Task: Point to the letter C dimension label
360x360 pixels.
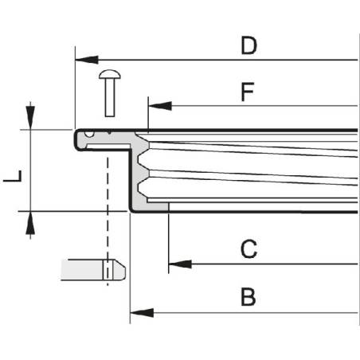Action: point(248,250)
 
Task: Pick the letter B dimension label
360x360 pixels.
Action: point(248,298)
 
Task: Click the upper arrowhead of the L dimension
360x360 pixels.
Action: point(30,118)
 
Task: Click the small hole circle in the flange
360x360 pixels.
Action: point(90,134)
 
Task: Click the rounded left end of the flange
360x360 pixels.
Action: point(78,139)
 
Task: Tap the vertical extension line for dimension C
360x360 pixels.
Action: point(169,239)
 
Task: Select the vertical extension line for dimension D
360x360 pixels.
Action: point(75,88)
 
